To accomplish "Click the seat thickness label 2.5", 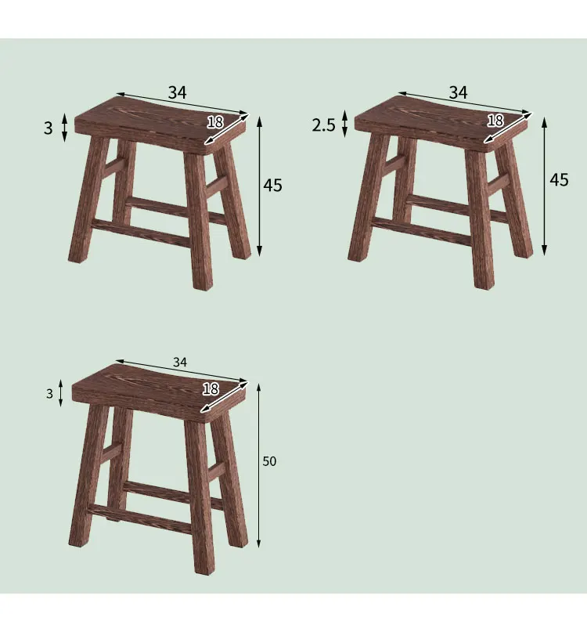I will (323, 125).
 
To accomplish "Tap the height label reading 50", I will (269, 461).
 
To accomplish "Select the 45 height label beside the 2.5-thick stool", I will (558, 179).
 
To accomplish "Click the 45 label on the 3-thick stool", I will (272, 186).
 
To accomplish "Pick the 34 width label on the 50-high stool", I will (180, 362).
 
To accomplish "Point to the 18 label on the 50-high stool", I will (211, 389).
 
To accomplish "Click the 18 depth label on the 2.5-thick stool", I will (495, 121).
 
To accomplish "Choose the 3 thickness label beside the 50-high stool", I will (49, 394).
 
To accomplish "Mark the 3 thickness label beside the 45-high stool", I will (48, 128).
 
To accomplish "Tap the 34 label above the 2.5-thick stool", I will (458, 92).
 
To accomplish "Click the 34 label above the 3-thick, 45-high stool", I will (177, 92).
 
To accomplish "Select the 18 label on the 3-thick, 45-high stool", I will (215, 121).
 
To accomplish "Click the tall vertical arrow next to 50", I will (258, 465).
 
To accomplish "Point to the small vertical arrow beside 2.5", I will (344, 126).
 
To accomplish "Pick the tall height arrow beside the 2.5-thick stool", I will (545, 185).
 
